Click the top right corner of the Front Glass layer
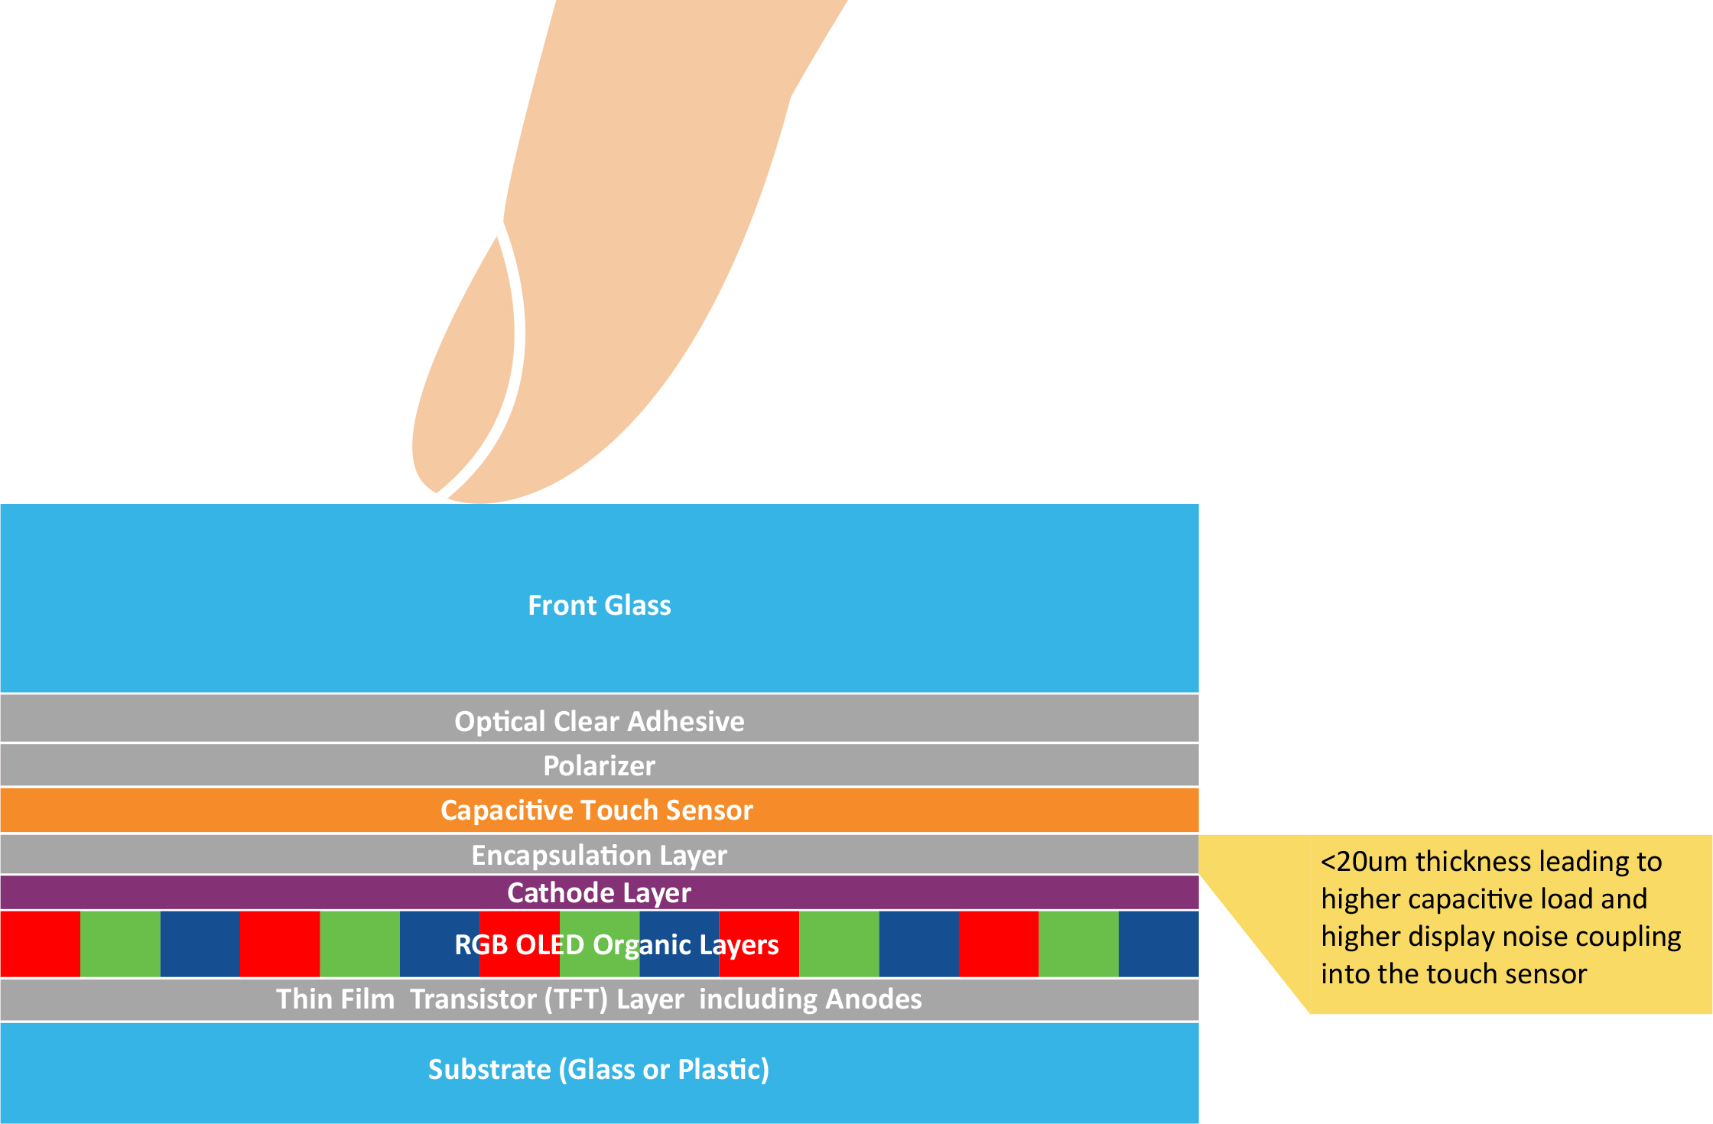coord(1198,504)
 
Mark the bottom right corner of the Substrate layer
coord(1198,1123)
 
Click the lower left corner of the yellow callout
coord(1310,1014)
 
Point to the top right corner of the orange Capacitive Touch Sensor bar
coord(1198,789)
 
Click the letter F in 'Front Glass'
coord(536,606)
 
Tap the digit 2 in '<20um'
coord(1346,862)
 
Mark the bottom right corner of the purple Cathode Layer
coord(1198,909)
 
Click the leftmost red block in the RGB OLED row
coord(40,944)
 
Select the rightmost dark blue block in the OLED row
coord(1159,944)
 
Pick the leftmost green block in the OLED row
coord(120,944)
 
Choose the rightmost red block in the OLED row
coord(999,944)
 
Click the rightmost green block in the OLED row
coord(1079,944)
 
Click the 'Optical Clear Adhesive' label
coord(600,722)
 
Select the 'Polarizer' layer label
coord(600,766)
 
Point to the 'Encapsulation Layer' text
coord(600,856)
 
